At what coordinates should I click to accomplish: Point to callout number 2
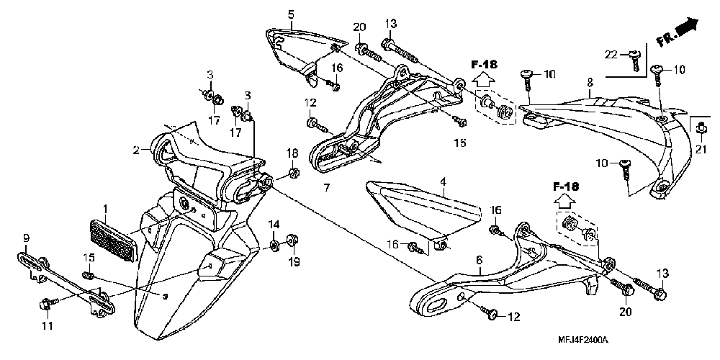(135, 150)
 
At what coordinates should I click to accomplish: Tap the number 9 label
(26, 238)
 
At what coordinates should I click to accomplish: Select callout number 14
(274, 225)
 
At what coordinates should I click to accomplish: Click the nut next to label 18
(294, 173)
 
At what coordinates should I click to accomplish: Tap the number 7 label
(326, 189)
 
